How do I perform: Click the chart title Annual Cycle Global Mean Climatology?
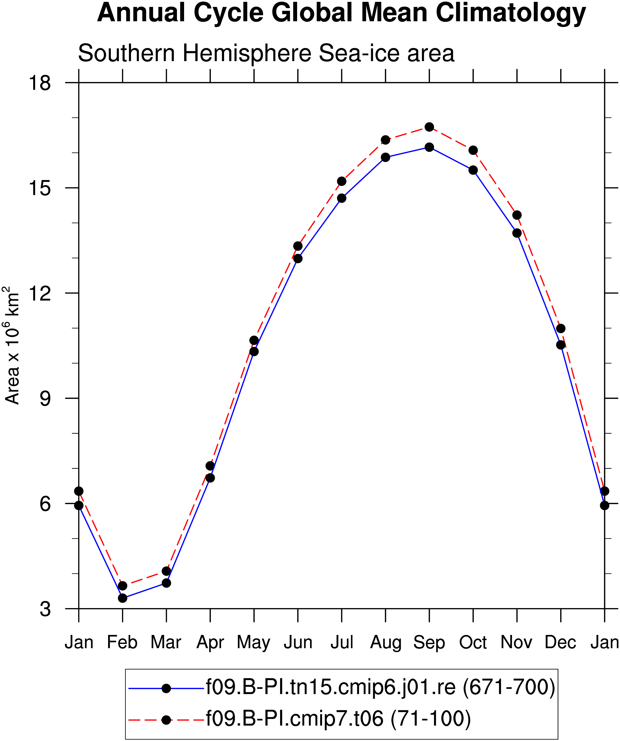(x=341, y=13)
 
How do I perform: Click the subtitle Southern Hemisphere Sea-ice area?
(x=266, y=53)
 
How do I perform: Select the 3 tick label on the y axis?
(x=45, y=609)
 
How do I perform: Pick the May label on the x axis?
(x=254, y=643)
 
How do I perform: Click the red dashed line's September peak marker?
(x=429, y=127)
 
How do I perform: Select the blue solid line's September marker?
(x=429, y=147)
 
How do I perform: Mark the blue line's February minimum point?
(x=123, y=598)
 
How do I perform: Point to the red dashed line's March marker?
(x=167, y=571)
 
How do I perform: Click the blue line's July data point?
(x=342, y=198)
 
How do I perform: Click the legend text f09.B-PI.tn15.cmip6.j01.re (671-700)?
(x=381, y=688)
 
